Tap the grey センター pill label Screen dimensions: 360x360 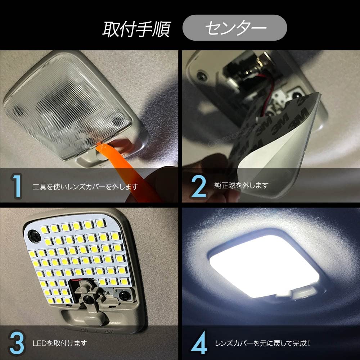[x=234, y=28]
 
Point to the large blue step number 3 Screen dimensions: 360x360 [x=17, y=343]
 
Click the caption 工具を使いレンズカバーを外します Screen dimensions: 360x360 [x=85, y=187]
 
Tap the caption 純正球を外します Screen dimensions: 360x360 [x=241, y=186]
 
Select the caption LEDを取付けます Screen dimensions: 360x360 [x=59, y=343]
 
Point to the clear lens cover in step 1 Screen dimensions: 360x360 [x=65, y=104]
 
